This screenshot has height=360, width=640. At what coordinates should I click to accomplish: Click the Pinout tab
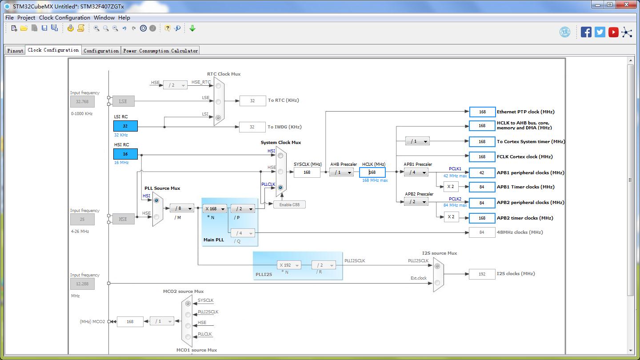click(15, 51)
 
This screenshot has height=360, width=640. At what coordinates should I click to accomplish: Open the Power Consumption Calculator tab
click(160, 51)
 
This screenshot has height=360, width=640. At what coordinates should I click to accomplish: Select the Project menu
click(26, 18)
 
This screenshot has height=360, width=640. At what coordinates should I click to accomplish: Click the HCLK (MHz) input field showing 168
click(372, 172)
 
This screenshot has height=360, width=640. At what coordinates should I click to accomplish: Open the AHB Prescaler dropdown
click(342, 172)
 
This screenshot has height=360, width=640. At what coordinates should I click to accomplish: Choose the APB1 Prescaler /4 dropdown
click(416, 172)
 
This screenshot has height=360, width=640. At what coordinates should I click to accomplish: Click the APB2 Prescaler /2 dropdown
click(416, 202)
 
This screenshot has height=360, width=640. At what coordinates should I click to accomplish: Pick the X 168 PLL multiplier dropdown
click(215, 209)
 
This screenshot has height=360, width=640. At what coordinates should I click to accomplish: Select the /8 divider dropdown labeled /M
click(182, 208)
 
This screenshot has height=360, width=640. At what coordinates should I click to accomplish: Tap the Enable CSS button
click(289, 204)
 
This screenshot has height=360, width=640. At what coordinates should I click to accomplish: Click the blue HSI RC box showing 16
click(125, 154)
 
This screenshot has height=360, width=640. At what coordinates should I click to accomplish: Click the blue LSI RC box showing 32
click(125, 126)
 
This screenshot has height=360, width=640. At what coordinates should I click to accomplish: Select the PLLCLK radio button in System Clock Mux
click(280, 188)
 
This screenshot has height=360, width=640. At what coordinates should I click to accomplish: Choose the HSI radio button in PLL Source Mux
click(156, 200)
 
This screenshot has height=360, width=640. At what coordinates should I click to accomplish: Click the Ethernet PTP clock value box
click(482, 112)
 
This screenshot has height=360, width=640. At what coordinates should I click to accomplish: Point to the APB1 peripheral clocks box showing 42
click(482, 172)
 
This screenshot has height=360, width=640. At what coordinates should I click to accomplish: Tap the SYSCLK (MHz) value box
click(307, 172)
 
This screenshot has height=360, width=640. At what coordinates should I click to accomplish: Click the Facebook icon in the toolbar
click(586, 32)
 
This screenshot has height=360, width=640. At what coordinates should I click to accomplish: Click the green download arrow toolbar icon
click(192, 28)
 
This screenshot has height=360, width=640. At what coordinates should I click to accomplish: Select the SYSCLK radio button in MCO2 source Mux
click(188, 304)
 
